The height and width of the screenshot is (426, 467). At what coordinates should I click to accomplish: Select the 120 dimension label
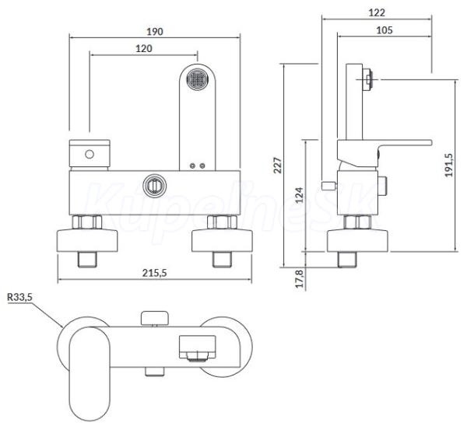tap(142, 48)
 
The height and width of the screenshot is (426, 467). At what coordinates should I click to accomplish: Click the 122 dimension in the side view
tap(377, 12)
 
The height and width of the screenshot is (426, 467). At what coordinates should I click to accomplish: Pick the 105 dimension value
tap(384, 30)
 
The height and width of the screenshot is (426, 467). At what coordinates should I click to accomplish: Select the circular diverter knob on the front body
tap(155, 186)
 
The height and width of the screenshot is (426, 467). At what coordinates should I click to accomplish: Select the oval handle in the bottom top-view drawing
tap(91, 361)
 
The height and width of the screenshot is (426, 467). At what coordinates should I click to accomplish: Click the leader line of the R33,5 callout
tap(46, 311)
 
